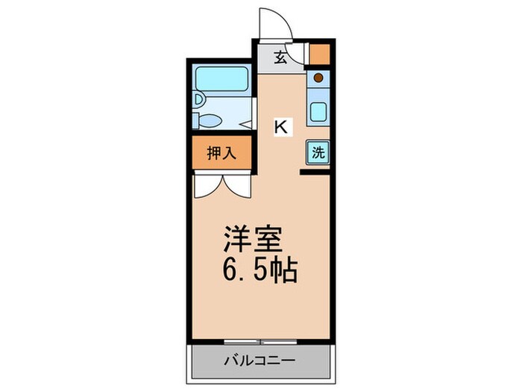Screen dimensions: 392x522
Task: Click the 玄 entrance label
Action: pos(280,57)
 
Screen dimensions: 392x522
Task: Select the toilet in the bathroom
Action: pos(211,120)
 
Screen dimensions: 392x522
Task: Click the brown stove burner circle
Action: pos(318,77)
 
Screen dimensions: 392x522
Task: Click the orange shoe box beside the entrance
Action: pos(319,55)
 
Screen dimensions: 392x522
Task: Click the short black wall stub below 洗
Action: pos(315,173)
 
